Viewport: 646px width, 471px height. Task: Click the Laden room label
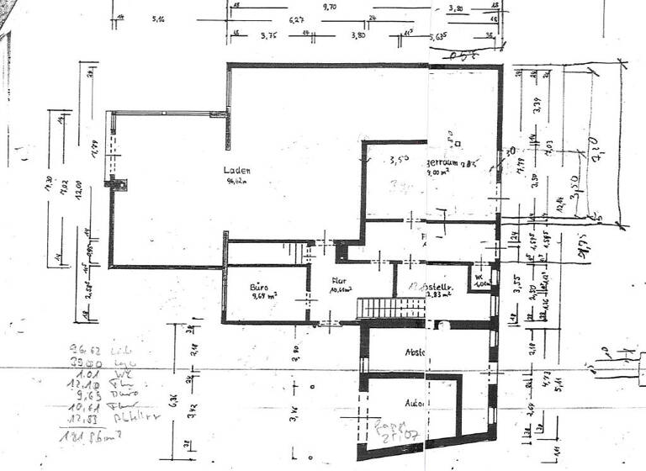pos(237,169)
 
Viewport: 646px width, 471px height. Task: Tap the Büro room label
pos(257,287)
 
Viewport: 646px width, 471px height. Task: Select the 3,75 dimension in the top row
pos(267,35)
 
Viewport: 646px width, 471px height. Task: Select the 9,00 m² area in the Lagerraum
pos(439,172)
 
